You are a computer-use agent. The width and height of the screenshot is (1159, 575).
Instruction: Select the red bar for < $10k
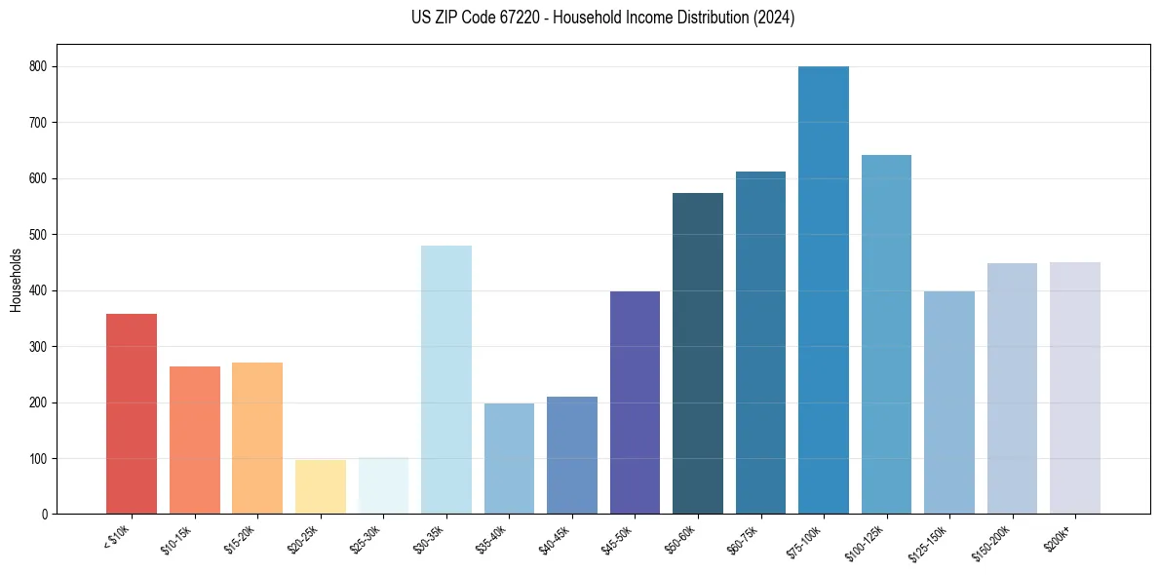(132, 414)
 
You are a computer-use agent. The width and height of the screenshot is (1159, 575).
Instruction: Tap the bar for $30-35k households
(446, 380)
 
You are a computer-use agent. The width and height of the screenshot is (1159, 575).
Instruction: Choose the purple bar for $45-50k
(635, 402)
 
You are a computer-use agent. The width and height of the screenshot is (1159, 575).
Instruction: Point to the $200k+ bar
(1075, 388)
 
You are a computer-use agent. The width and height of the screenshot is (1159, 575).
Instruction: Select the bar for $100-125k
(886, 334)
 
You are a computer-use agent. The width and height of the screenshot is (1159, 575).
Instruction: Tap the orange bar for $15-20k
(257, 439)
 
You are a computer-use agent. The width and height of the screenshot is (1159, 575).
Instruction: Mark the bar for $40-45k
(572, 455)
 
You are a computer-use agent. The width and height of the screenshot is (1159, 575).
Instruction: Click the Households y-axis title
(17, 280)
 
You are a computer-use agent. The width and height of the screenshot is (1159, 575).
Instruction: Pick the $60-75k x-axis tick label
(748, 537)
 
